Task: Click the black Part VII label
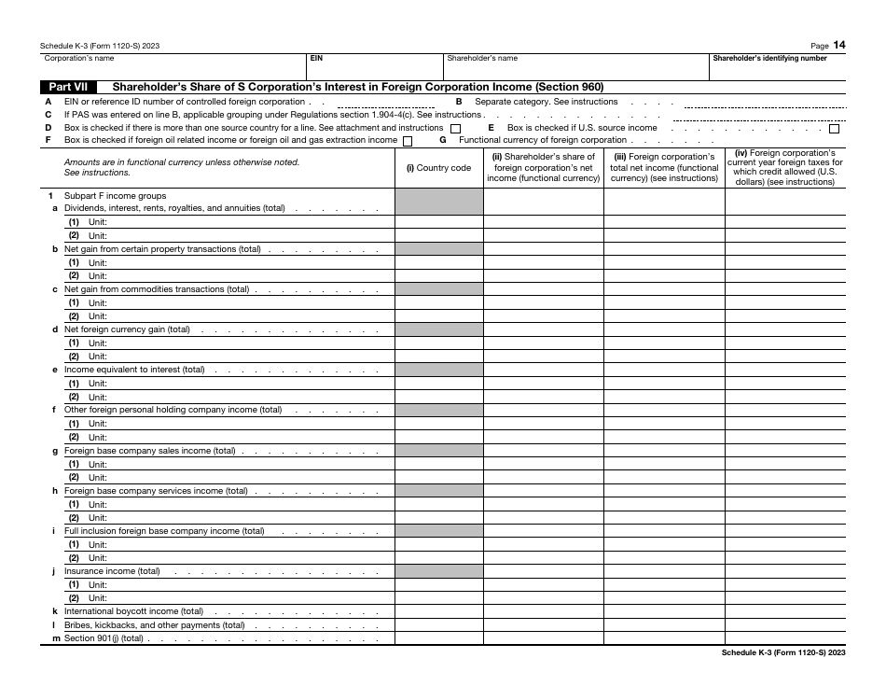(67, 87)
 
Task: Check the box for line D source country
(455, 128)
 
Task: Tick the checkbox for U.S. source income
(834, 128)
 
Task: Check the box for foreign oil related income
(407, 141)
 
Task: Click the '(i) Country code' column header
(438, 168)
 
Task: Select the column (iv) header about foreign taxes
(784, 168)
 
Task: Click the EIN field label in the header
(317, 58)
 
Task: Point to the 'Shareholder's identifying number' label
(769, 58)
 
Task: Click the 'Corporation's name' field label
(79, 58)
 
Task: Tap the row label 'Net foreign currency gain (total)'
(127, 329)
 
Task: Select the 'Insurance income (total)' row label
(112, 571)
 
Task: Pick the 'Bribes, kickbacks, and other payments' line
(154, 625)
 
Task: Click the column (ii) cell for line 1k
(543, 611)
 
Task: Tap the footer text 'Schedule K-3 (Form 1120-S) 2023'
(783, 653)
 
